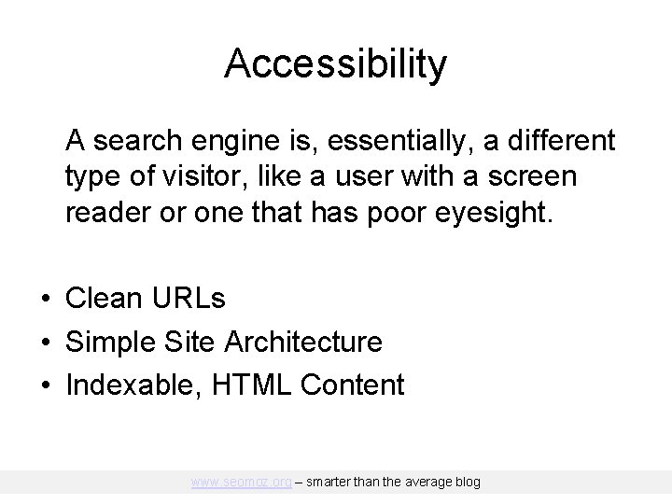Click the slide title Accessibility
coord(336,63)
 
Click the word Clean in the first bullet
coord(102,299)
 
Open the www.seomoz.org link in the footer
coord(241,483)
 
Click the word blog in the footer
coord(467,483)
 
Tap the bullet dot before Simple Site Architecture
coord(45,343)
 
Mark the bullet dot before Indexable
coord(45,385)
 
